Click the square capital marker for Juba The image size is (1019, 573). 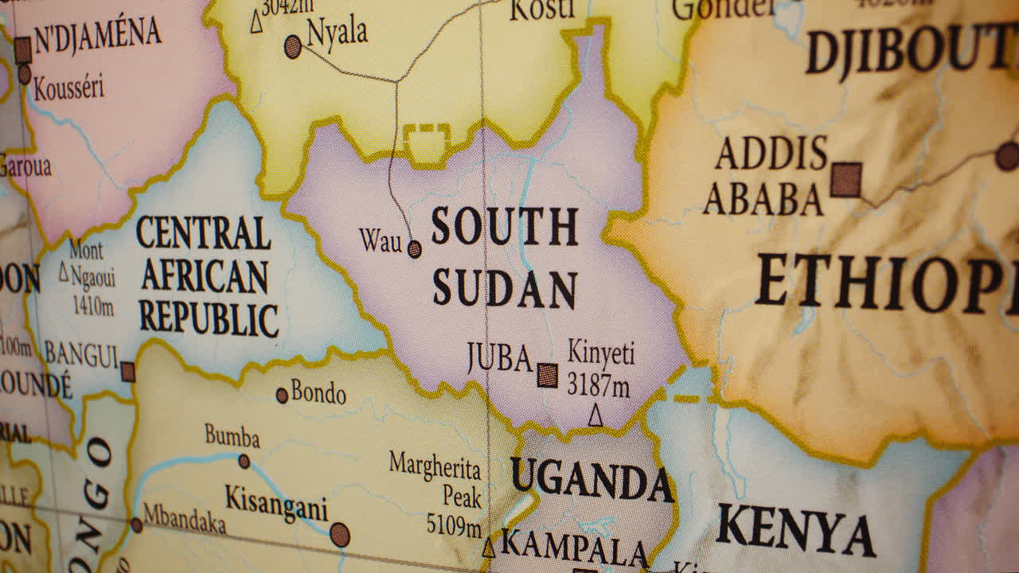tap(547, 375)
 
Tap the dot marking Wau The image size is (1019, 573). tap(414, 249)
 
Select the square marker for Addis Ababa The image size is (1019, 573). tap(845, 179)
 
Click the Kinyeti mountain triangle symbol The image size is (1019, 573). tap(595, 415)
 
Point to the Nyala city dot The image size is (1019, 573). tap(293, 46)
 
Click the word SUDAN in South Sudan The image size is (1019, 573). tap(505, 288)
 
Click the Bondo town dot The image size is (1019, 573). tap(282, 395)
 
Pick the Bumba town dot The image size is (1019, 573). tap(244, 461)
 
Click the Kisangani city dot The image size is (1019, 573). tap(340, 534)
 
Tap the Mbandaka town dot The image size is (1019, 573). tap(136, 525)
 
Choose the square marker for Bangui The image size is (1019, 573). tap(127, 372)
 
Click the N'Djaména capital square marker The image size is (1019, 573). tap(22, 49)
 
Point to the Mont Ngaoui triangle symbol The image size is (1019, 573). tap(64, 273)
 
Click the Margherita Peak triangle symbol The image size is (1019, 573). tap(489, 548)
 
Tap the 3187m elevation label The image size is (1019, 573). tap(598, 386)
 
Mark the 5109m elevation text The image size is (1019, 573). tap(454, 525)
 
